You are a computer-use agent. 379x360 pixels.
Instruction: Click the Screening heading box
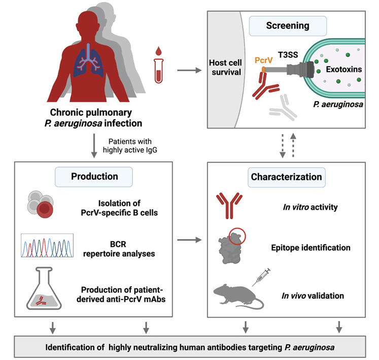point(288,24)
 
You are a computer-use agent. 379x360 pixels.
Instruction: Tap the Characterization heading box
point(286,177)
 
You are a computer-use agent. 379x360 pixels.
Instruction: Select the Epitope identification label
point(311,248)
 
